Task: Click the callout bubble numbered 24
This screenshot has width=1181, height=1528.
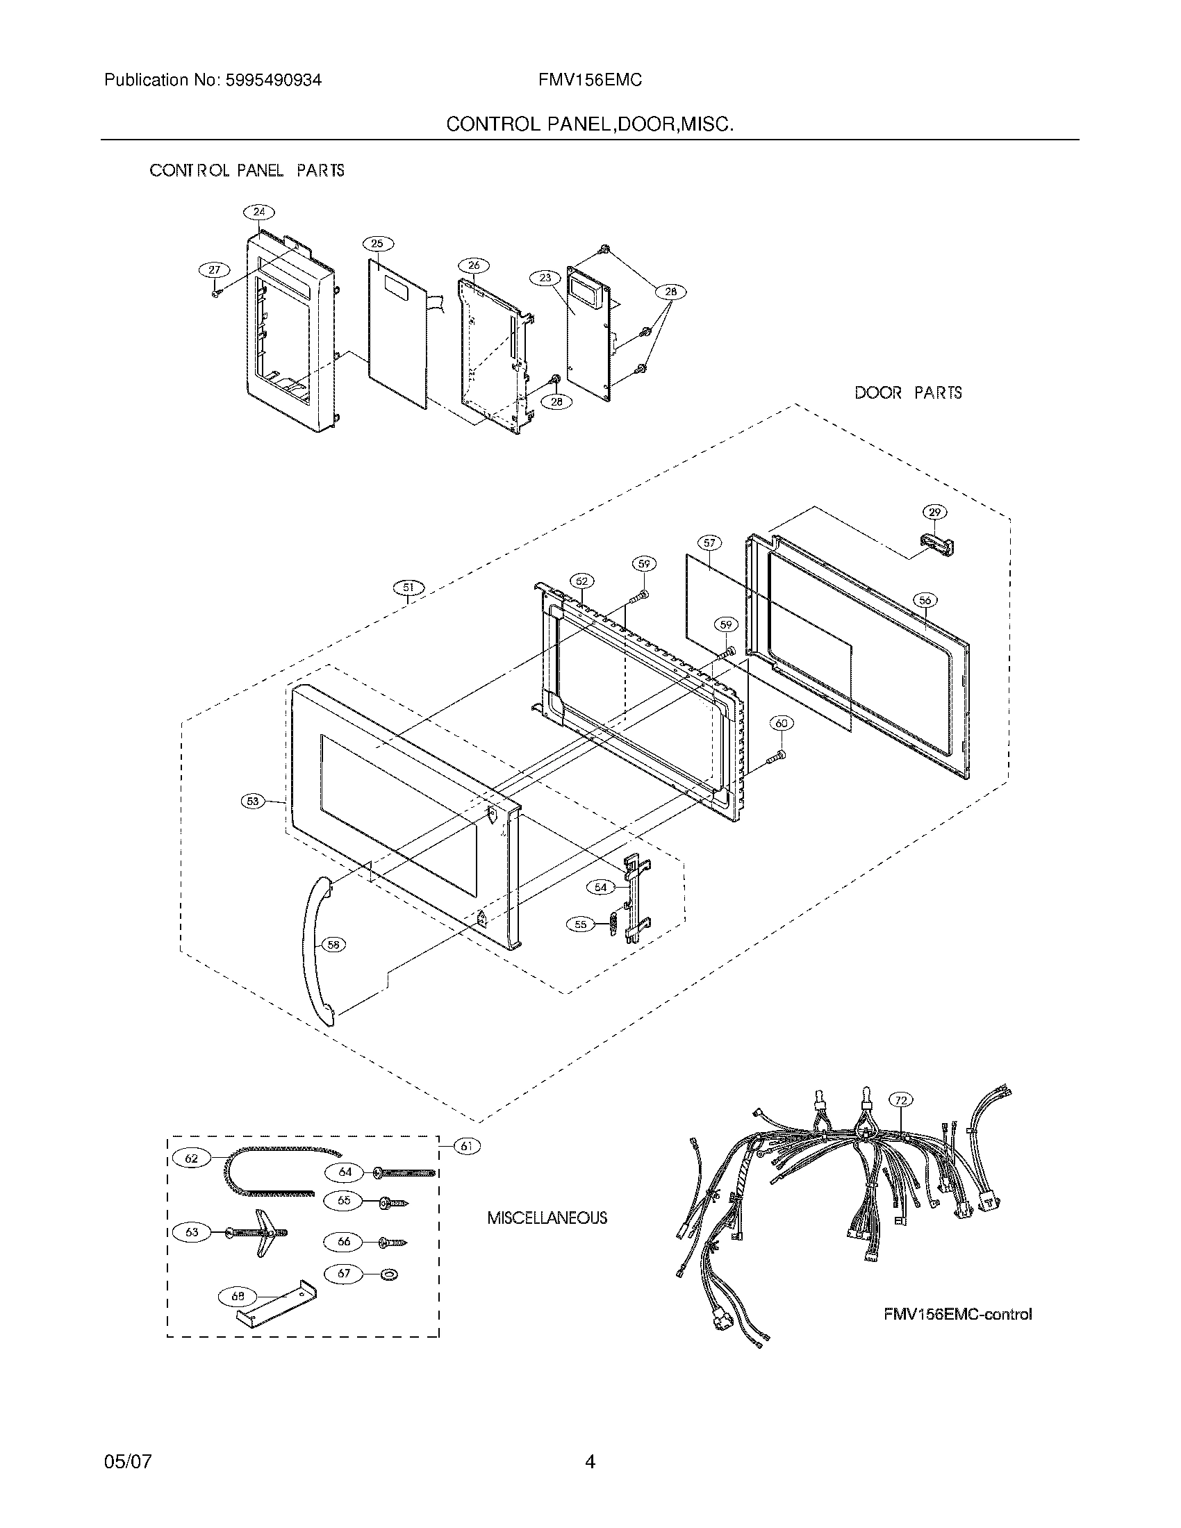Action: pos(259,212)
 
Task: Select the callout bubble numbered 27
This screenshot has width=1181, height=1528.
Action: pos(214,270)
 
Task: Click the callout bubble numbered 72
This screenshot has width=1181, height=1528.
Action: pos(901,1101)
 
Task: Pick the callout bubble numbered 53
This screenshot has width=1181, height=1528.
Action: pos(253,802)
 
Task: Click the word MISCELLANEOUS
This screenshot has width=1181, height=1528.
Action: pos(547,1218)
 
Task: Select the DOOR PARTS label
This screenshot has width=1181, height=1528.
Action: pos(907,393)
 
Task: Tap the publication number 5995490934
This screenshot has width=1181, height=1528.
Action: pos(273,81)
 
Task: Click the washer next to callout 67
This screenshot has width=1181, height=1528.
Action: pos(388,1274)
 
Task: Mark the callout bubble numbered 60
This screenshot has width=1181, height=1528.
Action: pos(782,724)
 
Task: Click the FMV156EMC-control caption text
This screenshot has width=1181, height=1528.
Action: pos(957,1314)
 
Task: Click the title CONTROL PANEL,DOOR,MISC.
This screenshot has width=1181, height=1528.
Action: pos(590,124)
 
